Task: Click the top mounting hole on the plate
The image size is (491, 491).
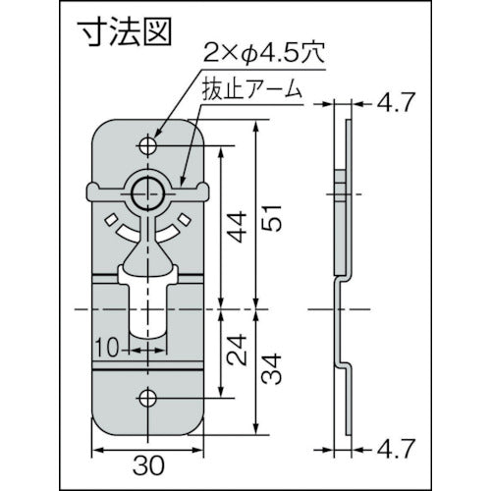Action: [x=149, y=146]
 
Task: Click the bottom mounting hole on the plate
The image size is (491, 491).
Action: [x=149, y=397]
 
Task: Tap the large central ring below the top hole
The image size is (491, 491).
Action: [x=149, y=190]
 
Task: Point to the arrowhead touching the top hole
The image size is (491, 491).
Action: [x=155, y=140]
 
